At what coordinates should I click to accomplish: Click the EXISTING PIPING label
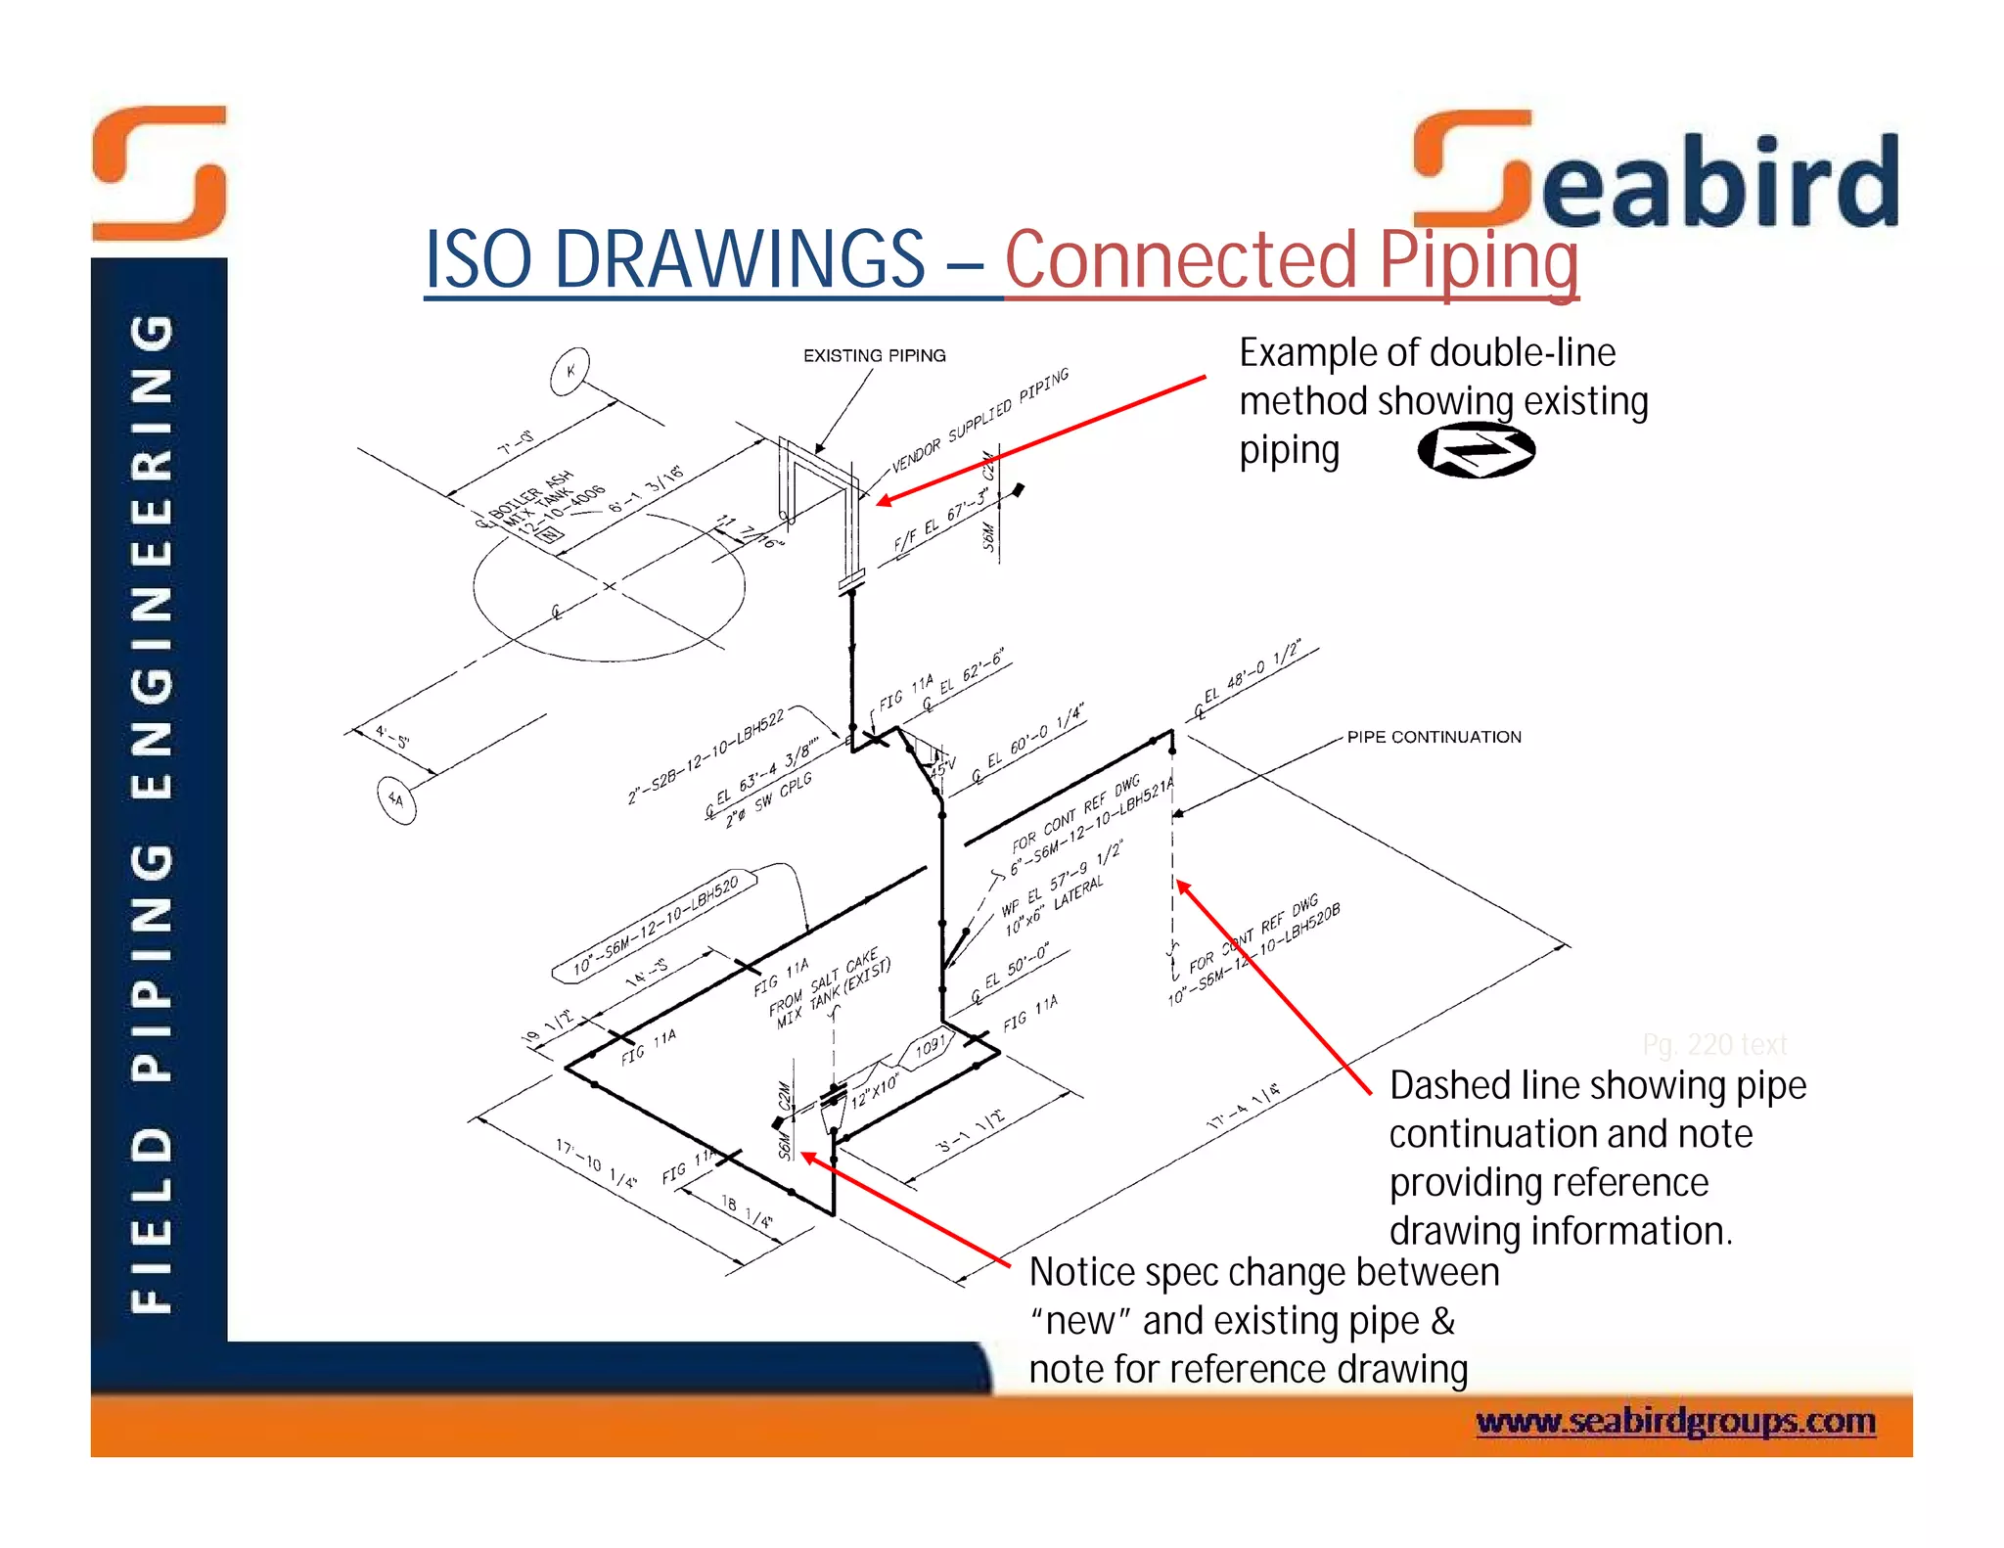[x=874, y=355]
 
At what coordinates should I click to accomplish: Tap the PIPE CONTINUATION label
[x=1434, y=737]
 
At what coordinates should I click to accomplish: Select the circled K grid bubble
[x=569, y=371]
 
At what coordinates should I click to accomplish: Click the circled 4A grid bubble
[x=396, y=799]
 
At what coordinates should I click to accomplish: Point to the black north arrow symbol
[x=1476, y=450]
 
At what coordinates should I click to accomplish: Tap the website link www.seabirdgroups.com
[x=1675, y=1420]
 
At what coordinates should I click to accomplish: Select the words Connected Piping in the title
[x=1292, y=259]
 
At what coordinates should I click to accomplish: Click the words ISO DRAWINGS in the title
[x=675, y=259]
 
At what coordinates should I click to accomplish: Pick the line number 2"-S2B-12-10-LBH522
[x=706, y=756]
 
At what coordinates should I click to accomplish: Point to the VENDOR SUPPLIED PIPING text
[x=979, y=421]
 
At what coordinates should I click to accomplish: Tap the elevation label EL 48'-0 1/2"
[x=1252, y=676]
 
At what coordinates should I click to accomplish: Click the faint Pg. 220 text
[x=1714, y=1045]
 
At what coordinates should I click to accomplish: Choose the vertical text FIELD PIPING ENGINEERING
[x=154, y=812]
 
